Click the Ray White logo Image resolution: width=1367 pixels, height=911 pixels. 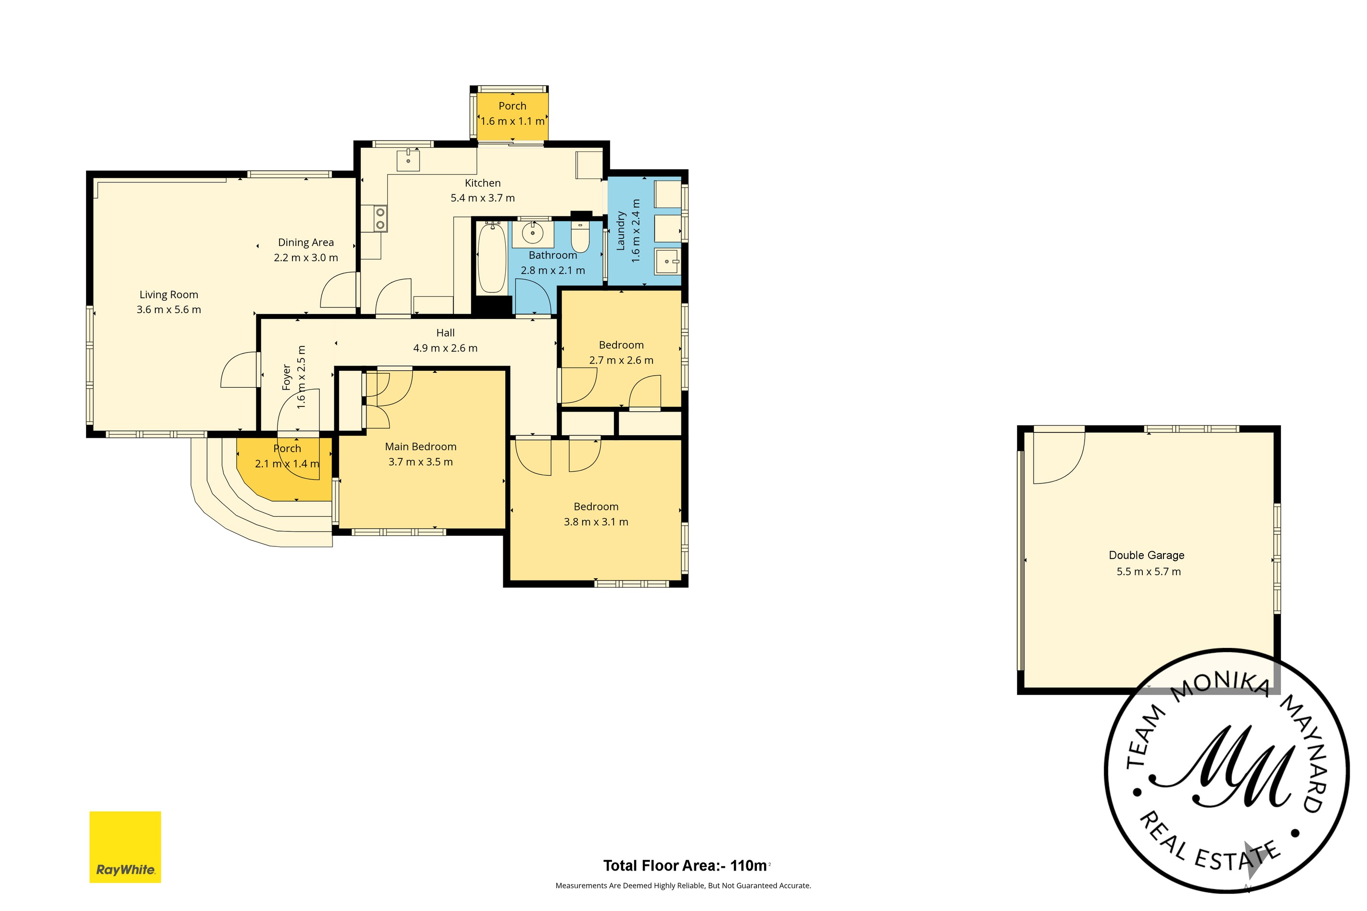(125, 847)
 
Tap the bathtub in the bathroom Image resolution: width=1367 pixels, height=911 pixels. (491, 258)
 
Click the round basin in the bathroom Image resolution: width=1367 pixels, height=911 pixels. (532, 233)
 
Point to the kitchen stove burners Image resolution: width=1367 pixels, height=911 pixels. (380, 218)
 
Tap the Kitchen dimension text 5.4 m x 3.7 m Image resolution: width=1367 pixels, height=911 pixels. (483, 198)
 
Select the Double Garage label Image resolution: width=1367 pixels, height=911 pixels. (1146, 556)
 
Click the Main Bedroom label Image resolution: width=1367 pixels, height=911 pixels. (421, 447)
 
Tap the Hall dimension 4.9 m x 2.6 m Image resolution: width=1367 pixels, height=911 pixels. (445, 349)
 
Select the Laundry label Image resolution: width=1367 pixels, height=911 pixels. (620, 231)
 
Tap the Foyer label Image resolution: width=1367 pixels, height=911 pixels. (286, 377)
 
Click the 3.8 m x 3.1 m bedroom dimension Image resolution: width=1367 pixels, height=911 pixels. (596, 522)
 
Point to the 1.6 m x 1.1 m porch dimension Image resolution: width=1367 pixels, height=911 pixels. (512, 121)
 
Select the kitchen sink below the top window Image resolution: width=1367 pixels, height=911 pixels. (408, 160)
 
